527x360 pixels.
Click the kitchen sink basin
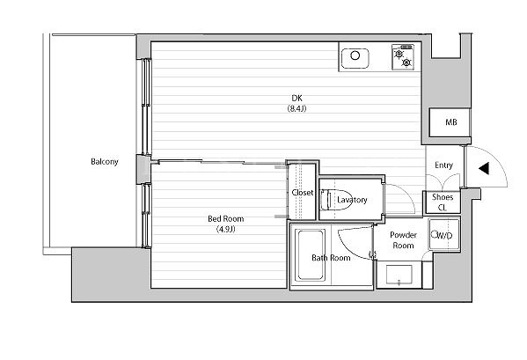pos(355,58)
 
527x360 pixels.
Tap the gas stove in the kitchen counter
pos(403,57)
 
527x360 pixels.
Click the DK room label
pos(296,99)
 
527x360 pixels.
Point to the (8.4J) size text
pos(296,108)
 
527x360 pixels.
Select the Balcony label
pos(105,162)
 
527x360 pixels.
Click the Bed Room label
pos(225,219)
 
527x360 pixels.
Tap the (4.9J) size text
pos(225,229)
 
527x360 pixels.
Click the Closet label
pos(303,193)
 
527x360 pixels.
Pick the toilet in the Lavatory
pos(332,200)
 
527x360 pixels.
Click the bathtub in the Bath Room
pos(310,254)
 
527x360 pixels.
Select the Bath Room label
pos(331,258)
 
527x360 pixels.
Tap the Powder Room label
pos(403,240)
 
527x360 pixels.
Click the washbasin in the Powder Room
pos(399,275)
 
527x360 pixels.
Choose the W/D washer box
pos(444,234)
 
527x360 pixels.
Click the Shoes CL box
pos(443,202)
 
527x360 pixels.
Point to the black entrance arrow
pos(484,168)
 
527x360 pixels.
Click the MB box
pos(450,122)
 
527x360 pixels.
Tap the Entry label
pos(443,165)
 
